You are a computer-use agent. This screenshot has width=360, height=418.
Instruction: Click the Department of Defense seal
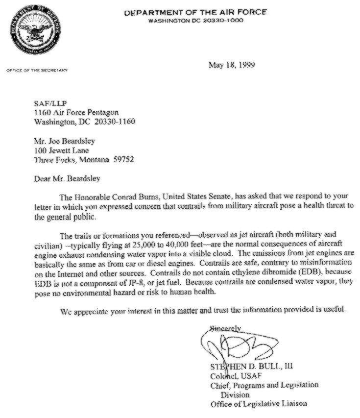[35, 34]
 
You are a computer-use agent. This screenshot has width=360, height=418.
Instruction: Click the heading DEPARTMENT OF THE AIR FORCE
[195, 12]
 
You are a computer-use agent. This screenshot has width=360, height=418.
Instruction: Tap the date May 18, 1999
[232, 65]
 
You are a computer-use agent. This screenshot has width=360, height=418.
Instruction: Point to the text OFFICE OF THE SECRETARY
[37, 70]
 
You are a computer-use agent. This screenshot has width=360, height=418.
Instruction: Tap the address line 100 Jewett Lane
[61, 151]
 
